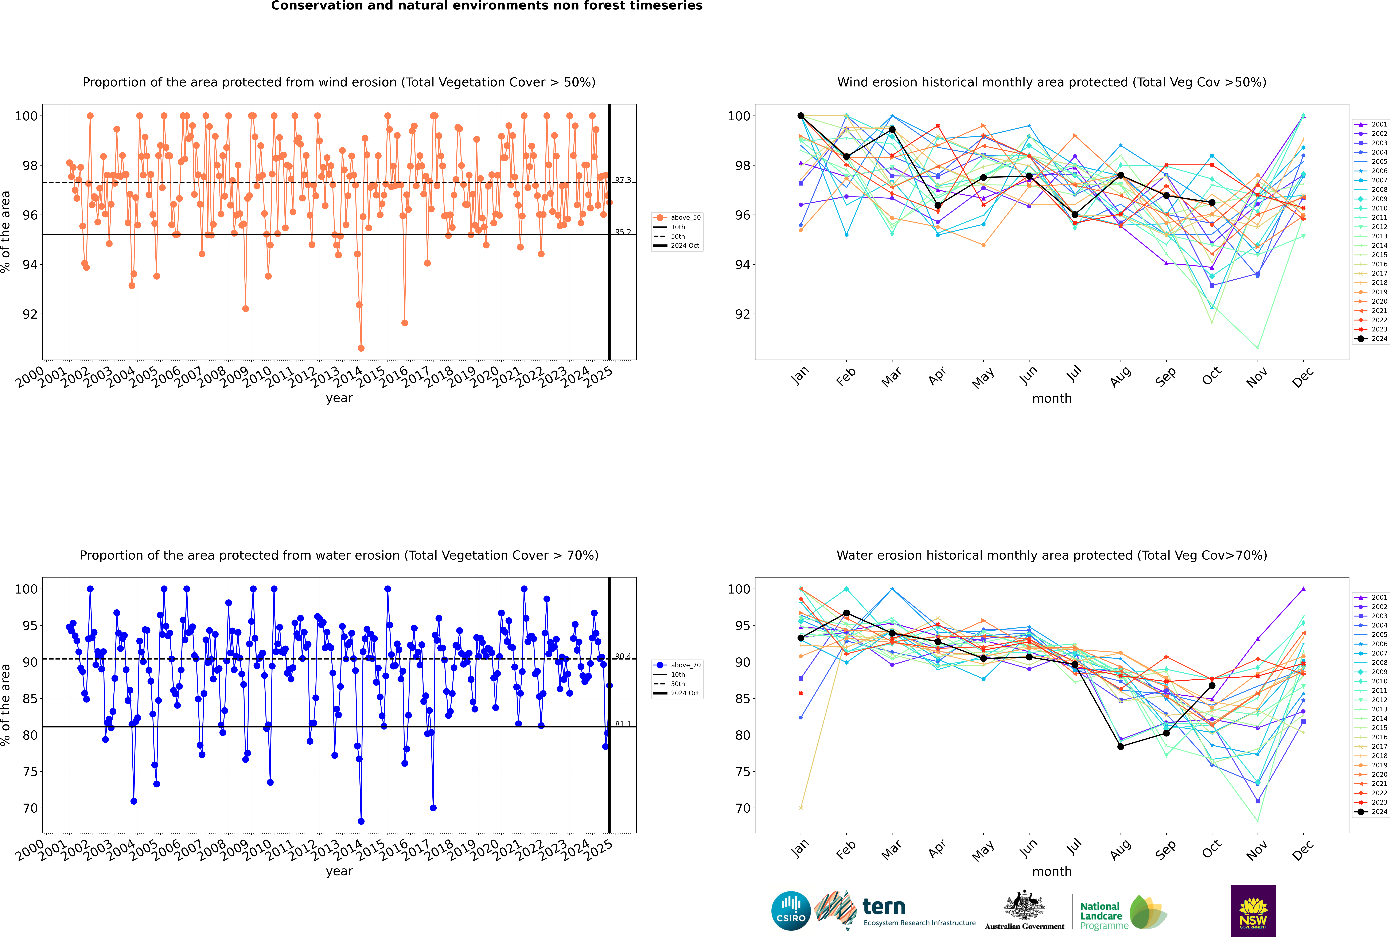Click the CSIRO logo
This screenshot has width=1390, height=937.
pos(791,911)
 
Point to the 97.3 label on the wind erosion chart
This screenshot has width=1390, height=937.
pos(623,180)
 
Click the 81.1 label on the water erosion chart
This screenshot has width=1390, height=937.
pos(623,724)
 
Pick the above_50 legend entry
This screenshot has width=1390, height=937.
pos(678,218)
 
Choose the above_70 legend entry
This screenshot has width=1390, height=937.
pos(678,665)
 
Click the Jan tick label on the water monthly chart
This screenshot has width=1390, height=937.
pos(800,849)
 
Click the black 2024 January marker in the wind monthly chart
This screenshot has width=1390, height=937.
pos(801,116)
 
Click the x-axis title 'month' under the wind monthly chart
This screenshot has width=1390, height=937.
pos(1052,399)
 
